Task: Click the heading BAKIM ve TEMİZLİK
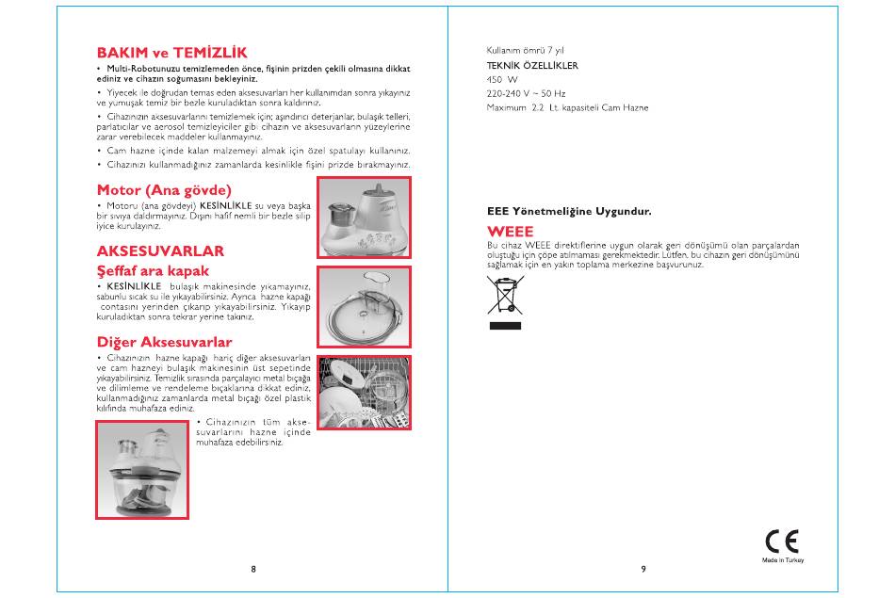click(x=171, y=53)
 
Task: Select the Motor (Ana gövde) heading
click(x=164, y=190)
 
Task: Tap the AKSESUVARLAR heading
click(x=160, y=251)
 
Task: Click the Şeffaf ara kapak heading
click(x=153, y=271)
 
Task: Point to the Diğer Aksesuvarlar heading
click(x=164, y=342)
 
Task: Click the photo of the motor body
click(x=365, y=218)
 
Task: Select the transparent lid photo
click(x=365, y=307)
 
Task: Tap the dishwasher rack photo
click(x=365, y=393)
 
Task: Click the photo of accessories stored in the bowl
click(x=142, y=470)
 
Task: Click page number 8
click(x=253, y=569)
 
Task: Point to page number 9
click(x=643, y=569)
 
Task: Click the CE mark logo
click(x=782, y=541)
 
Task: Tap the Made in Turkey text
click(x=783, y=560)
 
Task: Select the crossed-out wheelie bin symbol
click(x=505, y=295)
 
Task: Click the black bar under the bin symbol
click(x=505, y=326)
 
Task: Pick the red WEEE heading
click(x=511, y=232)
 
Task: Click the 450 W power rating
click(x=502, y=80)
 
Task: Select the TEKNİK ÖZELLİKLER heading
click(x=532, y=66)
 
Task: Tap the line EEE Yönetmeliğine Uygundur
click(x=569, y=212)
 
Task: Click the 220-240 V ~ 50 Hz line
click(x=526, y=93)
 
